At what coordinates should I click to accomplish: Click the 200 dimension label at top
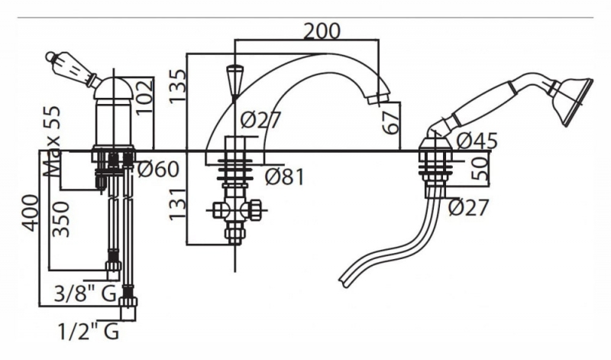[322, 31]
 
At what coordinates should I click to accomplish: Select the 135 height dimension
[177, 86]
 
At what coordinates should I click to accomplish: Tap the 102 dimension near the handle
[143, 96]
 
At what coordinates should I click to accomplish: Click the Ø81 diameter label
[284, 177]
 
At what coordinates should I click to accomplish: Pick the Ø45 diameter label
[477, 140]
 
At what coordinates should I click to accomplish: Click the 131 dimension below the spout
[176, 205]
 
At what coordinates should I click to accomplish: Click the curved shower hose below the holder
[397, 241]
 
